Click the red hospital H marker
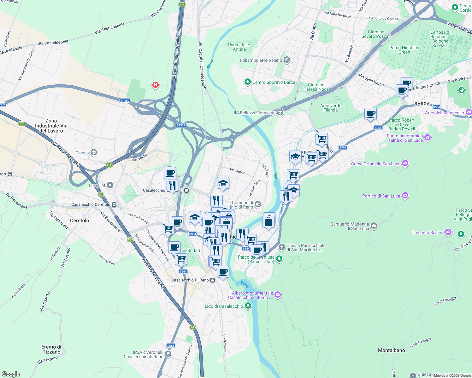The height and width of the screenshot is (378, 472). (x=155, y=85)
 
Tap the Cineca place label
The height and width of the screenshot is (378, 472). (x=82, y=153)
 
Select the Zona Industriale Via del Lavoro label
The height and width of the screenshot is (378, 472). (x=51, y=126)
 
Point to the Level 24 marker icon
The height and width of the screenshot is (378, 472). (x=110, y=185)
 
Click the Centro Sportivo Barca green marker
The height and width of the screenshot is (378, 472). (x=248, y=82)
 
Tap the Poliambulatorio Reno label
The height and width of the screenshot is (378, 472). (x=261, y=60)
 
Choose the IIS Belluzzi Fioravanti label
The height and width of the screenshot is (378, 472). (x=255, y=113)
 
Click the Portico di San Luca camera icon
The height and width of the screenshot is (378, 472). (x=405, y=196)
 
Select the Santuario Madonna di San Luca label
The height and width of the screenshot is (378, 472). (x=350, y=226)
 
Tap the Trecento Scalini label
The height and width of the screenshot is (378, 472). (x=427, y=232)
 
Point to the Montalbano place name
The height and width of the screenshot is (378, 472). (x=391, y=350)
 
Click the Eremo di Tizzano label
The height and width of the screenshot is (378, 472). (x=51, y=349)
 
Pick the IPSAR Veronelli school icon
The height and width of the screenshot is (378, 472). (x=168, y=354)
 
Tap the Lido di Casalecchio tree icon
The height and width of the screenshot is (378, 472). (x=248, y=306)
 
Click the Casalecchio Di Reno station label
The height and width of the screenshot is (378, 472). (x=190, y=280)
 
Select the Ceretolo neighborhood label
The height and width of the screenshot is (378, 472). (x=80, y=220)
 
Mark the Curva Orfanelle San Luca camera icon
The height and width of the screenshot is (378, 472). (x=405, y=163)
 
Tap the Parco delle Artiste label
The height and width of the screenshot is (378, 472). (x=239, y=47)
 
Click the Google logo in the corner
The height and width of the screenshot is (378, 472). (x=10, y=374)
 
